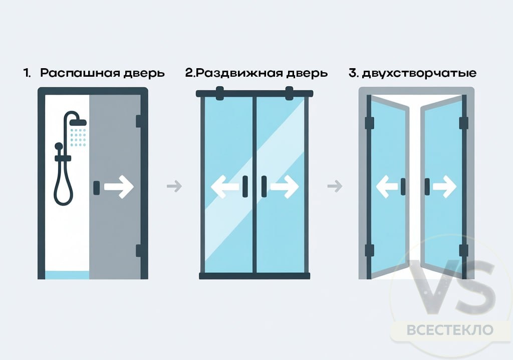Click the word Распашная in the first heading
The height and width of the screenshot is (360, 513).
81,73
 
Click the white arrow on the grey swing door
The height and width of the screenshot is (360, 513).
119,188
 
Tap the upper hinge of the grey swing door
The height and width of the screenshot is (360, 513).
138,121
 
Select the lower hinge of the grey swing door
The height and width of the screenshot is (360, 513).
138,251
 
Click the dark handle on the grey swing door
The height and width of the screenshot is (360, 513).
96,188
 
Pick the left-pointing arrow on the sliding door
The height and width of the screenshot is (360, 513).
225,187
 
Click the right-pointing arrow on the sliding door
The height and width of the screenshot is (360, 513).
284,187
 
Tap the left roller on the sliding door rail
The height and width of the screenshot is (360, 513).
219,92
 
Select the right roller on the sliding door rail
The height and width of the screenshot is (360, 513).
289,92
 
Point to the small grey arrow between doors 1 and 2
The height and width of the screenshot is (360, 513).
174,187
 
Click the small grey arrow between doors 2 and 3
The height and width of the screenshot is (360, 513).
334,187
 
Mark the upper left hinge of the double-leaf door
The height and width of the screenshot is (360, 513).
370,123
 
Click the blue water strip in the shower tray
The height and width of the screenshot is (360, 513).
67,275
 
